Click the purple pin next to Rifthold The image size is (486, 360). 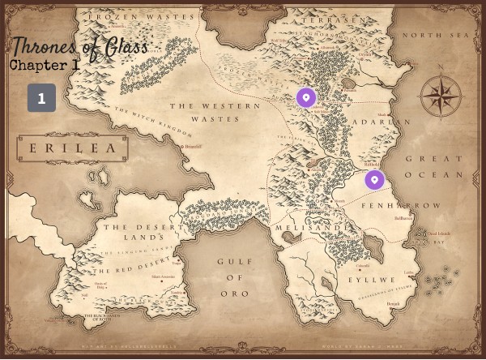[x=374, y=179]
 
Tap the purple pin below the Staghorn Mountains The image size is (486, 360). [x=305, y=97]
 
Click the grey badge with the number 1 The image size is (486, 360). [x=41, y=98]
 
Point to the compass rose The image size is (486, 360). [x=441, y=97]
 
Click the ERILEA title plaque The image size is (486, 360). [x=72, y=148]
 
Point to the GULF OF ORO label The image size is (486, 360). [x=235, y=276]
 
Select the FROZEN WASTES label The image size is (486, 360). [x=142, y=16]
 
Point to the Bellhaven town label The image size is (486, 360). [x=403, y=218]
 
